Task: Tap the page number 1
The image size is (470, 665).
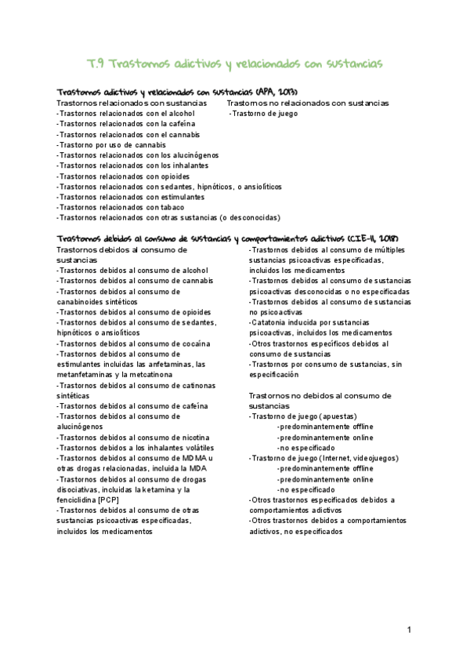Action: coord(409,630)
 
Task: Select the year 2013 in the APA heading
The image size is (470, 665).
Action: coord(281,91)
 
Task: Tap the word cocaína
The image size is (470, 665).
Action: coord(193,343)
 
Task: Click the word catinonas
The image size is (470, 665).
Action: coord(200,385)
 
